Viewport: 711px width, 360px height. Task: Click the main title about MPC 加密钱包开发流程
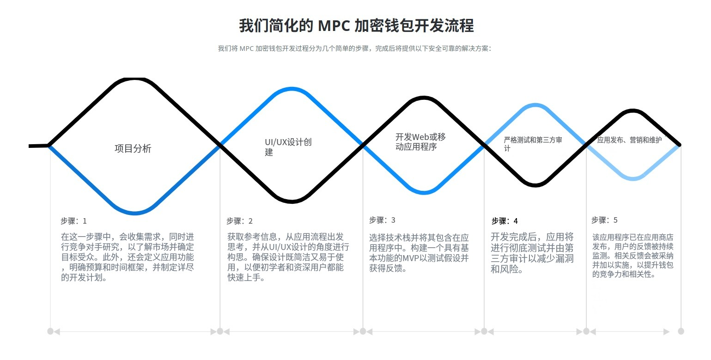click(x=356, y=25)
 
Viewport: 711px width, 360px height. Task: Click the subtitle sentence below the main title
click(x=354, y=49)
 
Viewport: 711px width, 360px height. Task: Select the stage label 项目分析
click(x=133, y=148)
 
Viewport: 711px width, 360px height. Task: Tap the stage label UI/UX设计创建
click(x=288, y=147)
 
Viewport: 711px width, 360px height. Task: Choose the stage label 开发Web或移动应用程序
click(x=420, y=142)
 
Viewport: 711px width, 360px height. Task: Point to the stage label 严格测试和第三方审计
click(x=533, y=144)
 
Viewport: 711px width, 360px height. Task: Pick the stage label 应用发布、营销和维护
click(x=629, y=140)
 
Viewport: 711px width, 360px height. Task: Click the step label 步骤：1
click(x=73, y=221)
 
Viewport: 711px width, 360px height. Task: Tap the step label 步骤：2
click(x=239, y=221)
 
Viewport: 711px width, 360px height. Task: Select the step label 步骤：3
click(x=382, y=220)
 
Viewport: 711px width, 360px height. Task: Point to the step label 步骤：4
click(x=504, y=221)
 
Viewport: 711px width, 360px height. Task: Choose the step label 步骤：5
click(x=604, y=220)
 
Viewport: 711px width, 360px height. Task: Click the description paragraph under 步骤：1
click(x=128, y=257)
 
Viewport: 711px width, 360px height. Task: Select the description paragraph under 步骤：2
click(x=288, y=257)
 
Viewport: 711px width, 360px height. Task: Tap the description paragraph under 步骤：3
click(x=419, y=253)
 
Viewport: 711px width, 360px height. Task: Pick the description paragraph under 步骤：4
click(x=532, y=253)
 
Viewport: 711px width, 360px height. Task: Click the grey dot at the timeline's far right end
click(x=681, y=331)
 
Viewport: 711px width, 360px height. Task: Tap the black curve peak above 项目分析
click(x=134, y=79)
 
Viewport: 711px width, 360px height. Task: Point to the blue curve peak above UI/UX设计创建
click(x=292, y=89)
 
